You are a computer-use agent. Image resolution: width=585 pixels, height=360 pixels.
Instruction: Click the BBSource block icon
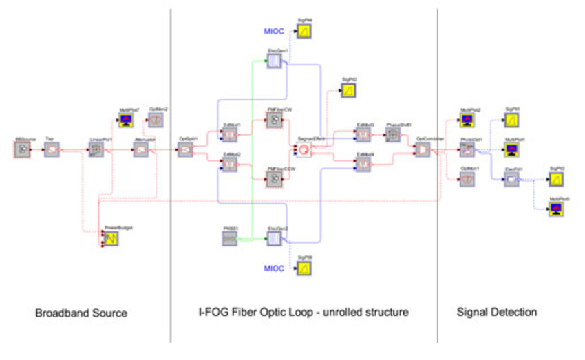(x=23, y=150)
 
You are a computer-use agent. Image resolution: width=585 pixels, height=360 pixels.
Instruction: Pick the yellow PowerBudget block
(x=111, y=239)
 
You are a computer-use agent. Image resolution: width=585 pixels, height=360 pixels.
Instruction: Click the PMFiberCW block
(x=274, y=120)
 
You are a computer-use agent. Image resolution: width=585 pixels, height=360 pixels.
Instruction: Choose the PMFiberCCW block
(x=274, y=180)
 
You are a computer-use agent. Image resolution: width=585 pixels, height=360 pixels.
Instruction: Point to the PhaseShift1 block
(x=392, y=136)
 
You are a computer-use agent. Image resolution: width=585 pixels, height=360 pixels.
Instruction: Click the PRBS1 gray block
(x=230, y=239)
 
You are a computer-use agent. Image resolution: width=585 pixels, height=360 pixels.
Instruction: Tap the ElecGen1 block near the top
(x=274, y=61)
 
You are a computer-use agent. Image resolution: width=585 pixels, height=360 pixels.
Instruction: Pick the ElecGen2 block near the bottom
(x=274, y=239)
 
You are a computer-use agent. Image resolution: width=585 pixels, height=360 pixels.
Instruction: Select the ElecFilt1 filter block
(x=511, y=180)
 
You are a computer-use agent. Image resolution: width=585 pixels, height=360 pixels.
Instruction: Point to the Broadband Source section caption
(x=81, y=313)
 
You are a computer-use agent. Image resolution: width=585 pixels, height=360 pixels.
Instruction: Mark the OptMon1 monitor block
(x=467, y=180)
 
